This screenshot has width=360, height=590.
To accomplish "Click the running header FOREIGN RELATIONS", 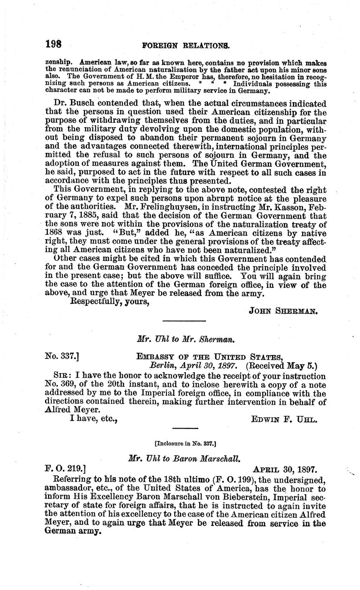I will tap(185, 45).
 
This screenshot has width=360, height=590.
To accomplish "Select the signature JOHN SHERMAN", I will tap(283, 311).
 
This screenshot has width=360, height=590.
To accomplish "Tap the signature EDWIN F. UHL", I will tap(284, 420).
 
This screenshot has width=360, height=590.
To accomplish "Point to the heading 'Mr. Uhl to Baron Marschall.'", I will tap(185, 457).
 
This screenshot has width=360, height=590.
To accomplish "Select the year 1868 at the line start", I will tap(54, 233).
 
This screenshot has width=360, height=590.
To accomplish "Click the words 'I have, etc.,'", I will tap(93, 419).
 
